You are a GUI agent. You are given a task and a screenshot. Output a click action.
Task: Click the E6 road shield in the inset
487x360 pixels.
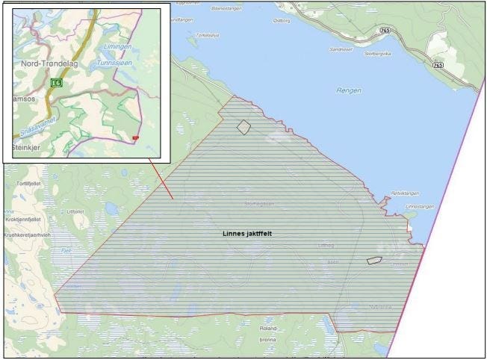point(56,83)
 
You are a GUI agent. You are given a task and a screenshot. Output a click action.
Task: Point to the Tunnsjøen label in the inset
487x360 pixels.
point(114,64)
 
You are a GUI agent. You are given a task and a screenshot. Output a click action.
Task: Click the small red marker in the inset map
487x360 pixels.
point(135,138)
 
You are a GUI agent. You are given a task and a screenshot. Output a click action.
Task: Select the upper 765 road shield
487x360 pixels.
point(385,30)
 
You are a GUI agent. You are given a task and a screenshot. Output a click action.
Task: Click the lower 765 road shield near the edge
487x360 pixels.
point(438,66)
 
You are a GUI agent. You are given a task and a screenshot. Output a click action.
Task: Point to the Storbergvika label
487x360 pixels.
point(377,53)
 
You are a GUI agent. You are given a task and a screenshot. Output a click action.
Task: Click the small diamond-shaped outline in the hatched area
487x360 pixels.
point(243,127)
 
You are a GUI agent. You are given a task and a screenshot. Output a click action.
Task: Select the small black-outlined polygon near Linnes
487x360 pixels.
point(374,260)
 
